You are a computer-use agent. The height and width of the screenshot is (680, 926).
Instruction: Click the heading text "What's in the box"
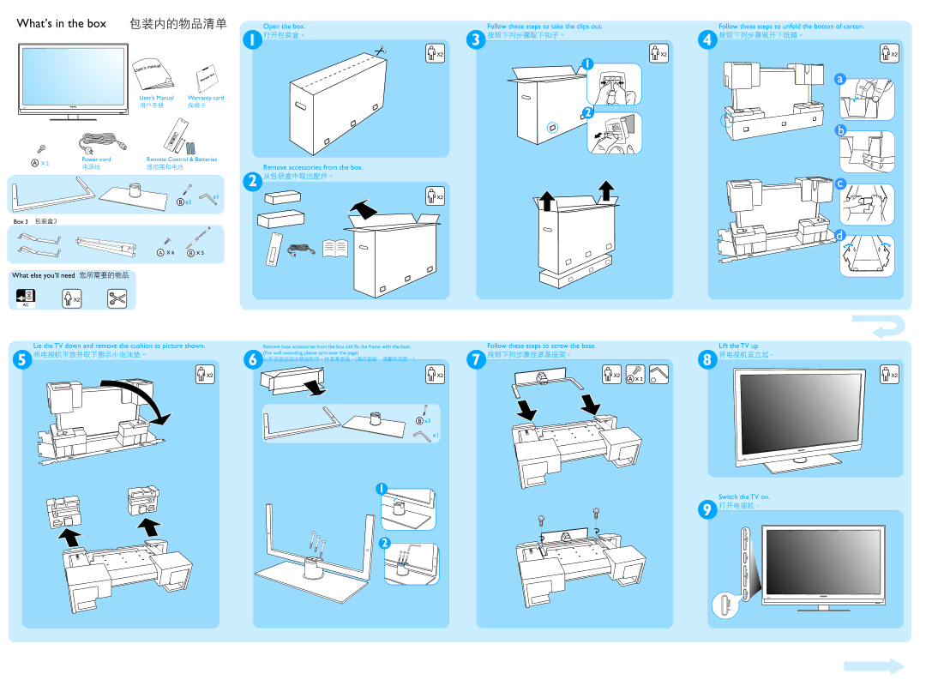(x=62, y=24)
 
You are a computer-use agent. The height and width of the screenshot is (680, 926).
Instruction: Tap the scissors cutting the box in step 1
(x=380, y=51)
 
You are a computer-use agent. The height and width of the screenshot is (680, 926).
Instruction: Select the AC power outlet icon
(x=25, y=298)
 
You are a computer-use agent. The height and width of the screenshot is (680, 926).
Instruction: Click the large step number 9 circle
(x=707, y=510)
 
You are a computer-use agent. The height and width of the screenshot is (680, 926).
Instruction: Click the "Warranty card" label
(x=206, y=98)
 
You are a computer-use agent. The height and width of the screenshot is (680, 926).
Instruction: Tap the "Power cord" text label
(x=96, y=159)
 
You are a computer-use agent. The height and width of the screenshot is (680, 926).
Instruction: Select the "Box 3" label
(x=21, y=221)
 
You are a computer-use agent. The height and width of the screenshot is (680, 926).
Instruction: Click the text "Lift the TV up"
(x=738, y=346)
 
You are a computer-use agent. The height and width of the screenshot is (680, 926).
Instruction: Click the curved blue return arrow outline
(x=877, y=328)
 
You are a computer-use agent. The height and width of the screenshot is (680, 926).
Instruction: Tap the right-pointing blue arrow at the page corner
(x=873, y=666)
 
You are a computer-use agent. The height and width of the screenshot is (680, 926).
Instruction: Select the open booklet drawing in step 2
(x=334, y=248)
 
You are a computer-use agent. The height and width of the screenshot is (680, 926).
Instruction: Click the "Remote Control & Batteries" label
(x=182, y=159)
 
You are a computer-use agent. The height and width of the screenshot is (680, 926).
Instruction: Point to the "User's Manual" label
(x=156, y=98)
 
